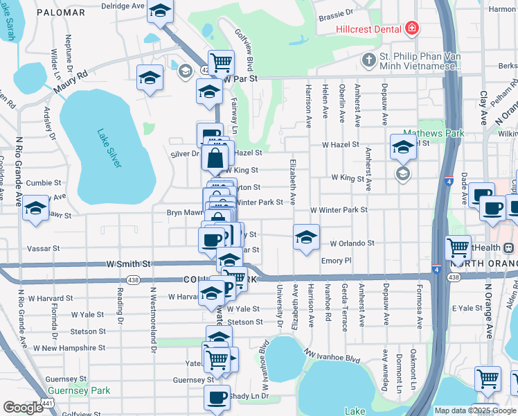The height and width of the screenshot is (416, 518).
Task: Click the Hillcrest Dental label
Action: [368, 29]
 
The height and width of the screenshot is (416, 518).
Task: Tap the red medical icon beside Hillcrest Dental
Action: [413, 28]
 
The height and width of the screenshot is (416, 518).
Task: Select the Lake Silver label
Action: [109, 148]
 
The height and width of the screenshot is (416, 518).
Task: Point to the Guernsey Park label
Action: [78, 391]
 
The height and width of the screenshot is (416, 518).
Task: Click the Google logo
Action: [23, 408]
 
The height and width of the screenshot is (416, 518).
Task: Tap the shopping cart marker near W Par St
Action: [221, 62]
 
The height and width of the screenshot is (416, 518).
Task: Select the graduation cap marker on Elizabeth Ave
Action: [306, 238]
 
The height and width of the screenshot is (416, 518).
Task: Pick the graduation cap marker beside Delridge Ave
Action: [160, 11]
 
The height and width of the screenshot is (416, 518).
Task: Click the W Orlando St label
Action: [352, 243]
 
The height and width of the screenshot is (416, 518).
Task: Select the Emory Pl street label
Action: [337, 261]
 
